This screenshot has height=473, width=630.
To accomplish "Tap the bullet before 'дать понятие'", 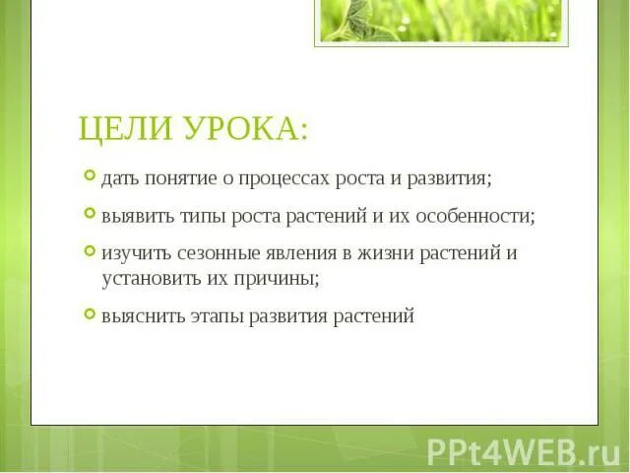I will tap(90, 177).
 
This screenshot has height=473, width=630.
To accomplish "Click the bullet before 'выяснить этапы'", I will tap(90, 314).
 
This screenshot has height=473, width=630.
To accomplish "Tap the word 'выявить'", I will tap(131, 216).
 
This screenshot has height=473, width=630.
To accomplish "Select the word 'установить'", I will tap(146, 278).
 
